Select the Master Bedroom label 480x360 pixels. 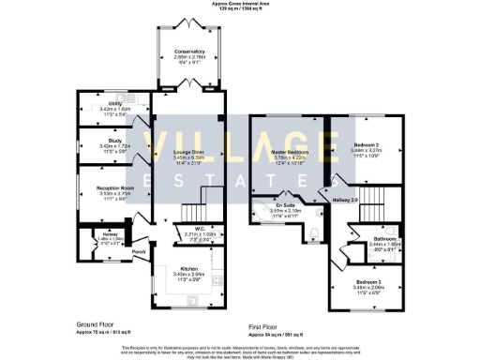pyautogui.click(x=290, y=150)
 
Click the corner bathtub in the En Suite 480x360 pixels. pyautogui.click(x=260, y=213)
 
